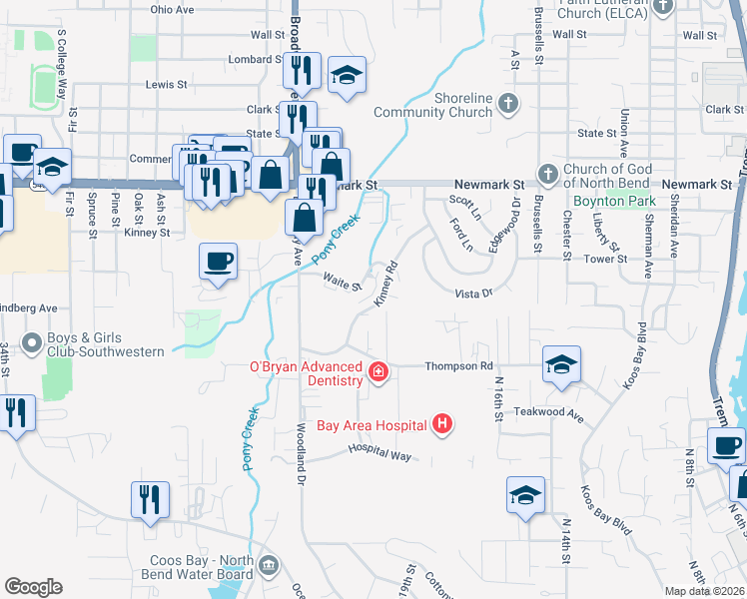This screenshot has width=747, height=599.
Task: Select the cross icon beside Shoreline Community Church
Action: pyautogui.click(x=507, y=104)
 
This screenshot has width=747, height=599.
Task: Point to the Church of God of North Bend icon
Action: pyautogui.click(x=547, y=175)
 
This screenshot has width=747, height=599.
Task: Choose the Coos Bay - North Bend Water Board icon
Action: pyautogui.click(x=268, y=567)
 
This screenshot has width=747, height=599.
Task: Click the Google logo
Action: pyautogui.click(x=33, y=587)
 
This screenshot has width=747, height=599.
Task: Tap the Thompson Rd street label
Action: pyautogui.click(x=459, y=366)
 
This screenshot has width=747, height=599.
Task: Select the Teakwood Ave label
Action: pyautogui.click(x=548, y=411)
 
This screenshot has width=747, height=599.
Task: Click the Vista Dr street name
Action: pyautogui.click(x=474, y=294)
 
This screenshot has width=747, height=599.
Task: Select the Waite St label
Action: pyautogui.click(x=342, y=283)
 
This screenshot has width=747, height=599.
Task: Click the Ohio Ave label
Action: pyautogui.click(x=172, y=9)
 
